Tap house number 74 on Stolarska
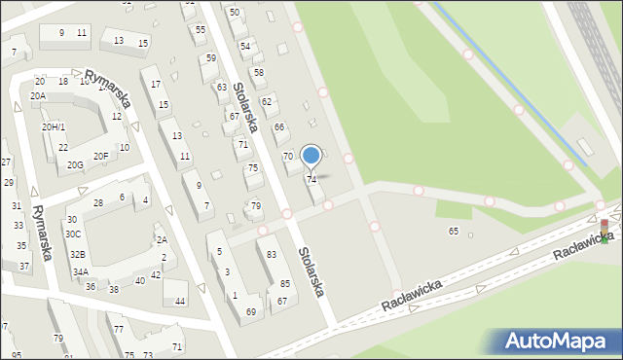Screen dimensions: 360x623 (311, 179)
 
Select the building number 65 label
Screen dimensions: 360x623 (453, 231)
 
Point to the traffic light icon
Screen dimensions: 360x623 (604, 231)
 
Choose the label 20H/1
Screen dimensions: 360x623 (53, 127)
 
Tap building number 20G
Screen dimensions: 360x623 (75, 165)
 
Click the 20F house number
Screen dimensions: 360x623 (100, 156)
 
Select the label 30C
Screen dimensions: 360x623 (73, 234)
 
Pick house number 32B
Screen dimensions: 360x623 (77, 254)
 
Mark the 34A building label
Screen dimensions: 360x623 (80, 272)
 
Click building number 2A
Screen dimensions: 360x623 (162, 239)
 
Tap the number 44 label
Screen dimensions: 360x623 (180, 301)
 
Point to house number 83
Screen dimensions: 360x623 (272, 254)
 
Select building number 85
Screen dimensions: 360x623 (285, 283)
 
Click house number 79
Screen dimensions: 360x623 (255, 205)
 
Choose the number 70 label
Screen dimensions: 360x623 (287, 156)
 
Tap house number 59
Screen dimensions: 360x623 (210, 57)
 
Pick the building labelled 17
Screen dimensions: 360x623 (156, 85)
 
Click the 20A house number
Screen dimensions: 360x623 (37, 96)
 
